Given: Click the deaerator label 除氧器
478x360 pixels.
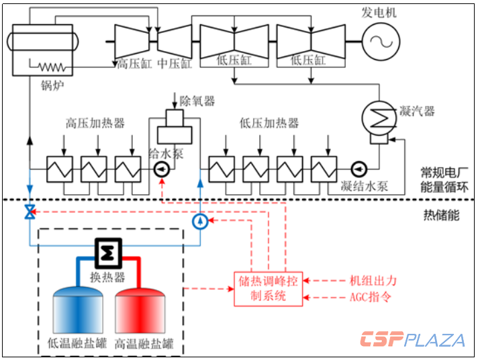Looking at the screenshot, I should click(x=197, y=101).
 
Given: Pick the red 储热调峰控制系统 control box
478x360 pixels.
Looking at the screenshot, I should click(x=267, y=287).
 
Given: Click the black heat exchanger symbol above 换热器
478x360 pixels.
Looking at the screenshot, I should click(x=105, y=251).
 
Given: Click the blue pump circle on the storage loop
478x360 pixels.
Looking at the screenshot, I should click(x=200, y=221).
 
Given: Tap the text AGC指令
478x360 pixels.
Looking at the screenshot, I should click(x=373, y=297).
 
